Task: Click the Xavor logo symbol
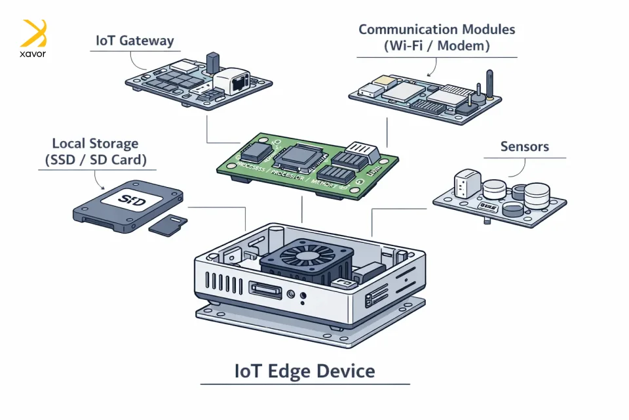pyautogui.click(x=34, y=33)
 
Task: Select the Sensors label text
pyautogui.click(x=524, y=146)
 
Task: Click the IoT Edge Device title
pyautogui.click(x=305, y=371)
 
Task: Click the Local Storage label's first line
pyautogui.click(x=95, y=143)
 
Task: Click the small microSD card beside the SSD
pyautogui.click(x=168, y=224)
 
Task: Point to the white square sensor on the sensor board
pyautogui.click(x=465, y=182)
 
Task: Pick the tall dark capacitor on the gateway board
pyautogui.click(x=212, y=64)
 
